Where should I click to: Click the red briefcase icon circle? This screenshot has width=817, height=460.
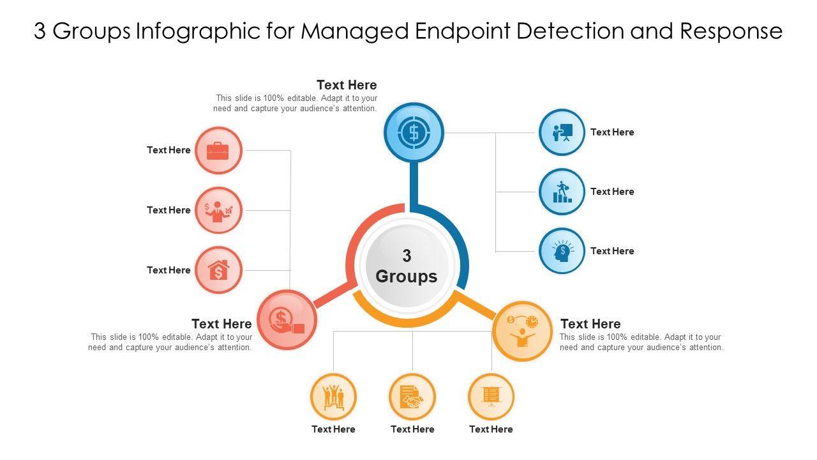218,151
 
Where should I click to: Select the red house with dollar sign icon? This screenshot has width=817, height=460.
218,270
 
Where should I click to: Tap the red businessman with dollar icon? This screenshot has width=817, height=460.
218,210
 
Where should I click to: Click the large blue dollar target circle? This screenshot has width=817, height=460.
414,133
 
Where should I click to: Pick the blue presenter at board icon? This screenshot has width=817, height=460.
562,132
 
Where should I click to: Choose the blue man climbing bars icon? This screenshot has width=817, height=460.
562,192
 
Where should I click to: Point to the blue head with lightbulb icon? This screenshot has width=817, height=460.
562,251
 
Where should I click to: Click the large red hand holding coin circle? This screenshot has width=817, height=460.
287,319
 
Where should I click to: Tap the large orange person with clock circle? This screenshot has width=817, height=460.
522,331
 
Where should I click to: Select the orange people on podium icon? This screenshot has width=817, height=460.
333,397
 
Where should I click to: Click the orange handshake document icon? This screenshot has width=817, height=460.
412,397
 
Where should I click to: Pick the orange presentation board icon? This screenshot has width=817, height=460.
491,397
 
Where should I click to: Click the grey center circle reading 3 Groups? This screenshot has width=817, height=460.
407,266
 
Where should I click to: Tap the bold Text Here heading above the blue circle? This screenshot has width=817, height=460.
347,85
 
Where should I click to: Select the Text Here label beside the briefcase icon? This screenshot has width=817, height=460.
169,150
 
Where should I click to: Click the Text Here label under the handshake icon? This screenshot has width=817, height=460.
412,429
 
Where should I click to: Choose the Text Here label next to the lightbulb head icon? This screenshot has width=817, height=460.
612,251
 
